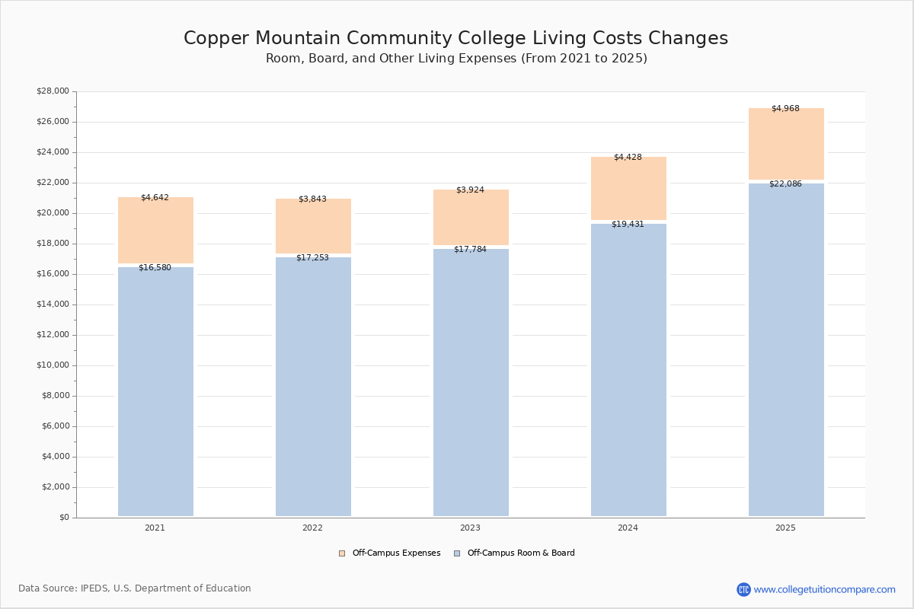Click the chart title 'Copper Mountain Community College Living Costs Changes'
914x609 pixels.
coord(455,39)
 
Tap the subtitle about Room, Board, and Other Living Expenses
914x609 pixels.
coord(455,59)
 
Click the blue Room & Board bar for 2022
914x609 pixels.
coord(313,388)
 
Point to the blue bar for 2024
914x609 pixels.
coord(628,373)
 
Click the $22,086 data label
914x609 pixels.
coord(785,184)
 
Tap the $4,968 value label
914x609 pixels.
coord(785,109)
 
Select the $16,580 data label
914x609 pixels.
coord(155,268)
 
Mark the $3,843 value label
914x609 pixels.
coord(312,199)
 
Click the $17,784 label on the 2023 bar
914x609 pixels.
coord(470,250)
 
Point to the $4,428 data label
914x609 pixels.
coord(628,158)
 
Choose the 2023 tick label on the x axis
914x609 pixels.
coord(470,528)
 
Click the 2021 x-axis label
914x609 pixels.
coord(155,528)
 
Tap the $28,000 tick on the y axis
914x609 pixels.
coord(53,91)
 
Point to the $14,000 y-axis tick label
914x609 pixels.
coord(53,304)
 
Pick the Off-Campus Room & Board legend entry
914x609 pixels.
coord(520,553)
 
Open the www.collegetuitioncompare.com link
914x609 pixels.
coord(824,589)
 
